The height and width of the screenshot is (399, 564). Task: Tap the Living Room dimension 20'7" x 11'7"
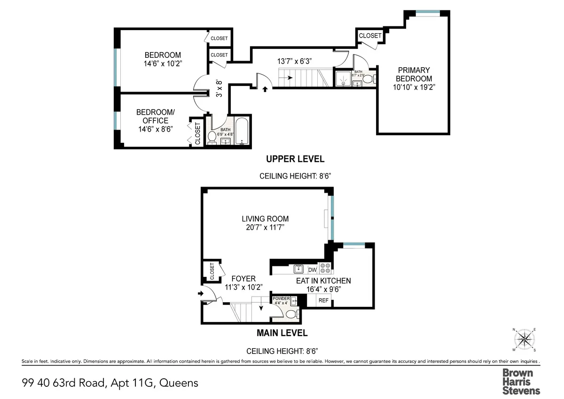point(265,227)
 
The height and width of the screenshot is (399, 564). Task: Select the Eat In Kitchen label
point(323,281)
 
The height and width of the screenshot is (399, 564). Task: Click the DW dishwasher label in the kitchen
point(312,270)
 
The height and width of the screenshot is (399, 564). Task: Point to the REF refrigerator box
point(324,300)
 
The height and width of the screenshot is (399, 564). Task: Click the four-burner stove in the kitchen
point(325,268)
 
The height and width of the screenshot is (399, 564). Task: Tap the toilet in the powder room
point(291,314)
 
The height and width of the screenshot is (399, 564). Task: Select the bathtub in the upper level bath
point(243,132)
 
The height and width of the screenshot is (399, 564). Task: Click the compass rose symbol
point(525,340)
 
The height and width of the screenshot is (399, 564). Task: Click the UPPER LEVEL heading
point(295,159)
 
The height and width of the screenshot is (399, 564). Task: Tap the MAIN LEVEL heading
point(282,333)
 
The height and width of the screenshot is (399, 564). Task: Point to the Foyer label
point(243,279)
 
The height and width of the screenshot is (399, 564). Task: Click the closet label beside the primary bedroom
point(370,36)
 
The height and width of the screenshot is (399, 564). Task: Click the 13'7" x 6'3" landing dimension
point(295,61)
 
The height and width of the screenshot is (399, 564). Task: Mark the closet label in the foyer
point(212,271)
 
